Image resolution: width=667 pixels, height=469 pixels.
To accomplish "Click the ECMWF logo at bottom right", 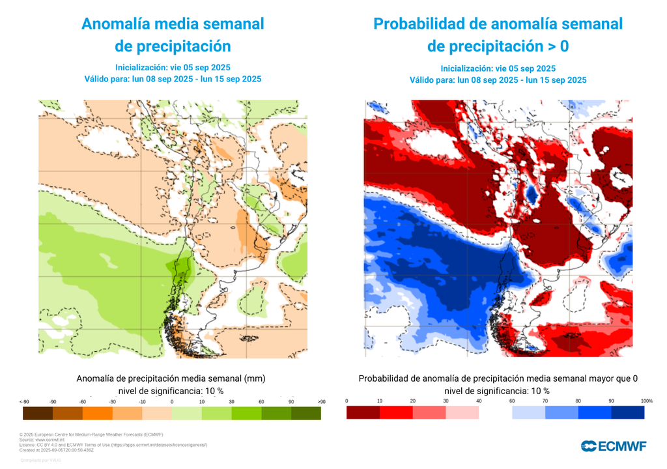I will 614,446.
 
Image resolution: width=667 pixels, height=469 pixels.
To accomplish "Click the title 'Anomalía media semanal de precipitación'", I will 173,35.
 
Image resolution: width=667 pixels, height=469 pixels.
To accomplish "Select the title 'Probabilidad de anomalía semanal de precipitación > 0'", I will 498,35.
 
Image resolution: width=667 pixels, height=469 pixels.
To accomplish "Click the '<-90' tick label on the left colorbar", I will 25,401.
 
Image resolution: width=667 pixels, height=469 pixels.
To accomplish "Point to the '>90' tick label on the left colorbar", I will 321,401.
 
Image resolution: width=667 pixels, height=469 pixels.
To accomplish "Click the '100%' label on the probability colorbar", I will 646,401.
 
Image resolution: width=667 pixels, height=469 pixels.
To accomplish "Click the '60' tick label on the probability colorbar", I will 513,401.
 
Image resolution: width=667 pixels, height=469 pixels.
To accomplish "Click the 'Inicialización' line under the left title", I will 173,68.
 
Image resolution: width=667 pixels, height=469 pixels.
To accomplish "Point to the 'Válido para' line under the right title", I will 498,80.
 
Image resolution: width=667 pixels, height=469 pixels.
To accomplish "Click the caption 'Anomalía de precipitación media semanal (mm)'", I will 171,378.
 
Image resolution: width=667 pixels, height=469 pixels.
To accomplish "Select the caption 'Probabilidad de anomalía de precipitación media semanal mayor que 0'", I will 498,378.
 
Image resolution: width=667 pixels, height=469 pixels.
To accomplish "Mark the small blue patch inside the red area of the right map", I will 532,193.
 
